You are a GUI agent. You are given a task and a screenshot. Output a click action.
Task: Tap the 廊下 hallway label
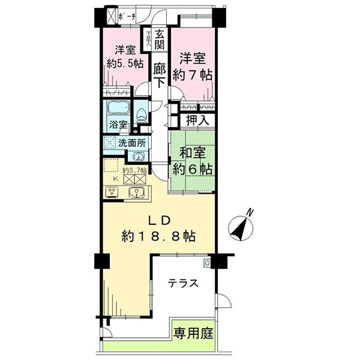tap(160, 76)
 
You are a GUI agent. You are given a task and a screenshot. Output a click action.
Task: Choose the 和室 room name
tap(191, 153)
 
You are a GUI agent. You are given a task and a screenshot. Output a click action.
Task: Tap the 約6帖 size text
tap(191, 169)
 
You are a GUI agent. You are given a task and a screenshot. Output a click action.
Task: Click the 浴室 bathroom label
tap(118, 125)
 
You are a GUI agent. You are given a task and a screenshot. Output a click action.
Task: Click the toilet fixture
tap(140, 113)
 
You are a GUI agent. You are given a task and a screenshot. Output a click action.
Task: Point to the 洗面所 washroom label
tap(130, 143)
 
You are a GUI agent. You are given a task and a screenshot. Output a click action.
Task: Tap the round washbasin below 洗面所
tap(139, 156)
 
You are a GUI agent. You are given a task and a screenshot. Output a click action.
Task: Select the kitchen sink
tap(137, 193)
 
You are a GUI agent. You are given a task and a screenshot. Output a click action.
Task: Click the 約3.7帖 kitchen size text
tap(134, 170)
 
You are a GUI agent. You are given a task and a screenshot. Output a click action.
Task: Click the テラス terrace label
tap(182, 284)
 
